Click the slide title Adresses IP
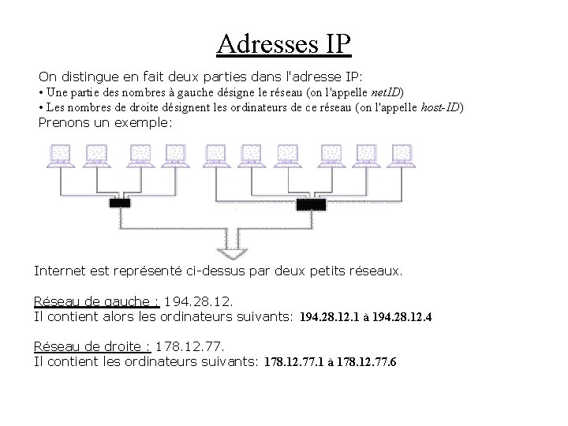click(283, 44)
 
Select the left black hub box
click(120, 204)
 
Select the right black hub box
click(310, 204)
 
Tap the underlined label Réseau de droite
click(92, 346)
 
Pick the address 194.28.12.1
click(327, 317)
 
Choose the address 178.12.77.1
click(292, 362)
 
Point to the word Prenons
click(66, 124)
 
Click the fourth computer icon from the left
click(174, 155)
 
